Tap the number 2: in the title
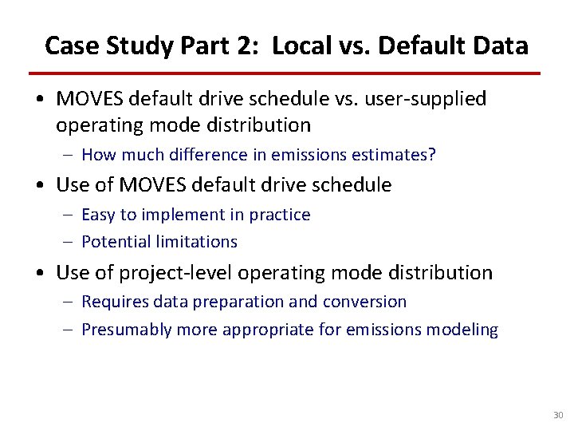pyautogui.click(x=249, y=45)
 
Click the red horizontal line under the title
pyautogui.click(x=286, y=73)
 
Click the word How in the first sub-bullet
pyautogui.click(x=99, y=155)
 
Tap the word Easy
pyautogui.click(x=99, y=215)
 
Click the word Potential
pyautogui.click(x=112, y=241)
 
